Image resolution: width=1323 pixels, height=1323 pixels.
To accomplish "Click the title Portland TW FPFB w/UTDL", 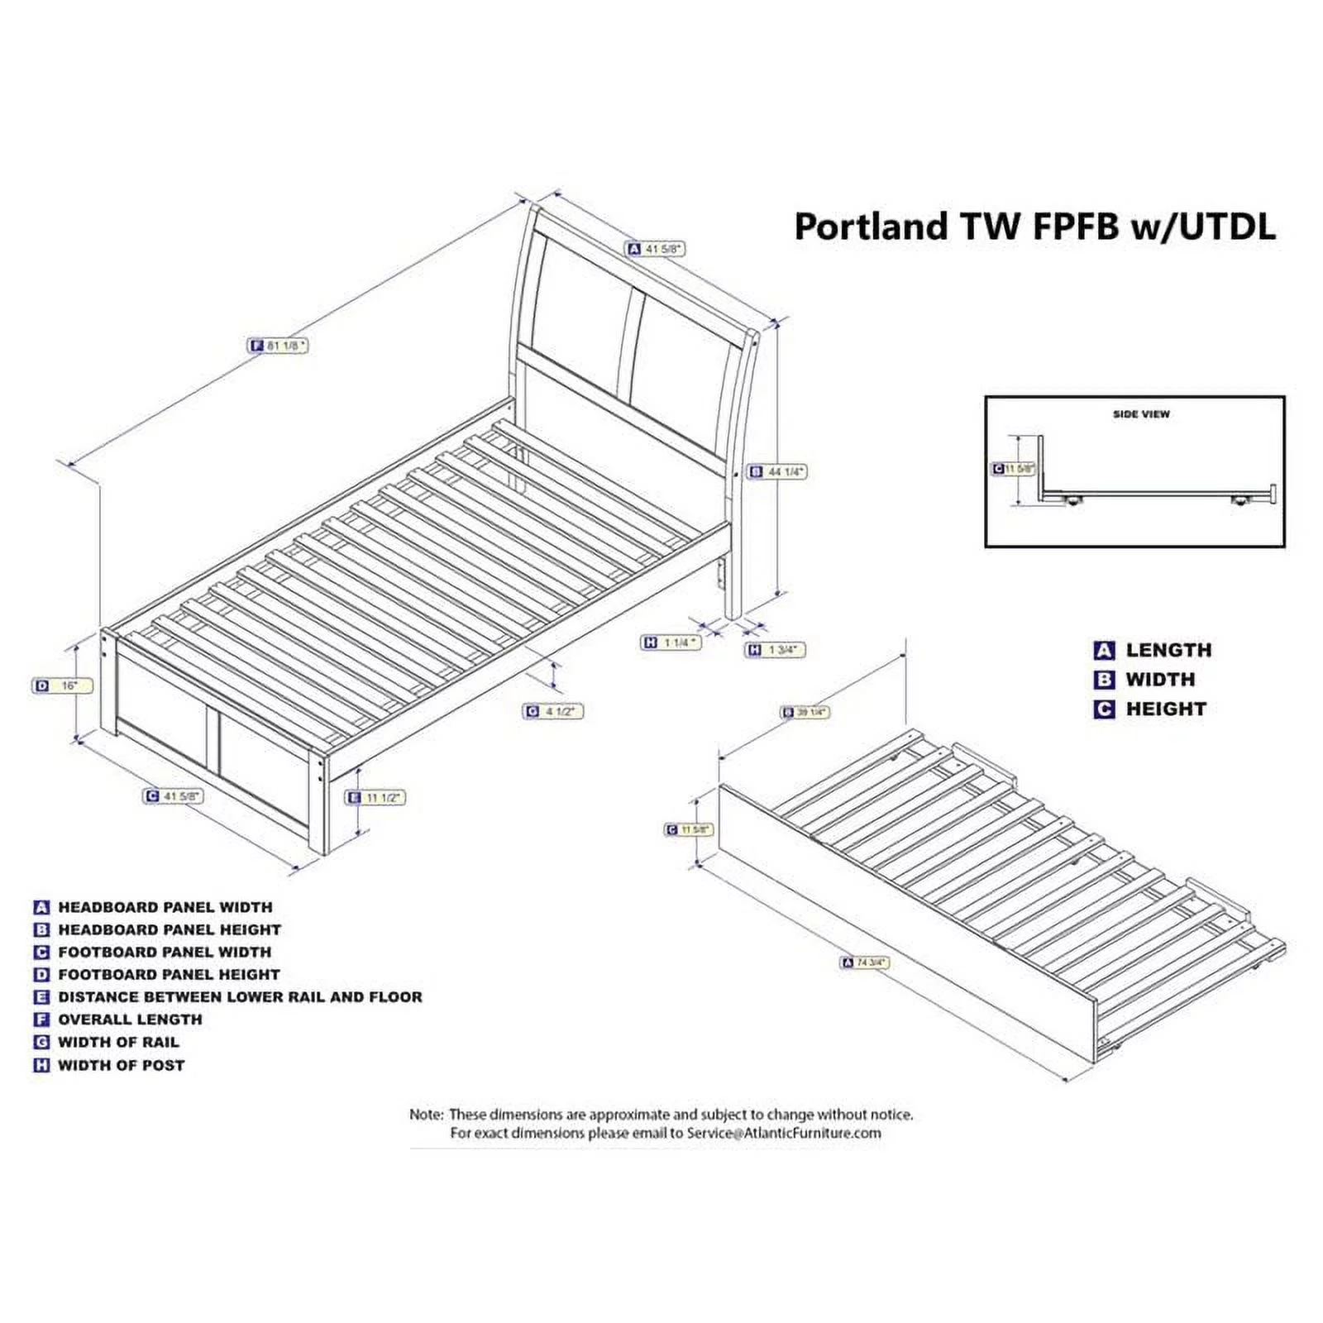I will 1034,227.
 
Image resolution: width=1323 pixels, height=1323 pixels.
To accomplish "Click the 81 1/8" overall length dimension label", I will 279,346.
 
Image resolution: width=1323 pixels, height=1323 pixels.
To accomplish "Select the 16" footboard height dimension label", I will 63,685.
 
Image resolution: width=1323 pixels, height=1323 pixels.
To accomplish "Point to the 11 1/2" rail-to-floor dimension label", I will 375,797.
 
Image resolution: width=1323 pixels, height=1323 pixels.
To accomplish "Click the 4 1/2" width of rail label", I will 553,711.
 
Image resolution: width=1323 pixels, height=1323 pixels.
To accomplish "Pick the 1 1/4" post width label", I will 671,642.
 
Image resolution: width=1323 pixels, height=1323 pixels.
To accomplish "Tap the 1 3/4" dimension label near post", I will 776,650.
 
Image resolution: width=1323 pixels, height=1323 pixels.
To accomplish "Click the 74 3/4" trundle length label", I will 865,962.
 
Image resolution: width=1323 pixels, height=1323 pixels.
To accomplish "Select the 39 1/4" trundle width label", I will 805,712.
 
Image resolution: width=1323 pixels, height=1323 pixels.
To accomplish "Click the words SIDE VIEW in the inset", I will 1141,413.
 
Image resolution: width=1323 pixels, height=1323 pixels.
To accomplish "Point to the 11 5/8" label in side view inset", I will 1014,469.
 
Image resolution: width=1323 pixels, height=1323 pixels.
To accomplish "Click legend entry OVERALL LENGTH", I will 130,1020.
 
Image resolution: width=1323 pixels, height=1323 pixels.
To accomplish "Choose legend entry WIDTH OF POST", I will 121,1065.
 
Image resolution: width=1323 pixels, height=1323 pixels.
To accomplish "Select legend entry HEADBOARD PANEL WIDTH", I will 165,907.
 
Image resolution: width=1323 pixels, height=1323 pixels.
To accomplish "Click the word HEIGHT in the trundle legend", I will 1165,709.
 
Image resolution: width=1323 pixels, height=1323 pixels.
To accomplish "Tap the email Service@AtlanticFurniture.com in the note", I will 784,1133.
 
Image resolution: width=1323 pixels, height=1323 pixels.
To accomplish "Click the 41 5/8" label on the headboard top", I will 657,248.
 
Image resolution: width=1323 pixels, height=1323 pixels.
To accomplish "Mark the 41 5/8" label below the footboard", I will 173,795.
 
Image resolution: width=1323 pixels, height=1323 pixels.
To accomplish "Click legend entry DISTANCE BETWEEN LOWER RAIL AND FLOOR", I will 240,996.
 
